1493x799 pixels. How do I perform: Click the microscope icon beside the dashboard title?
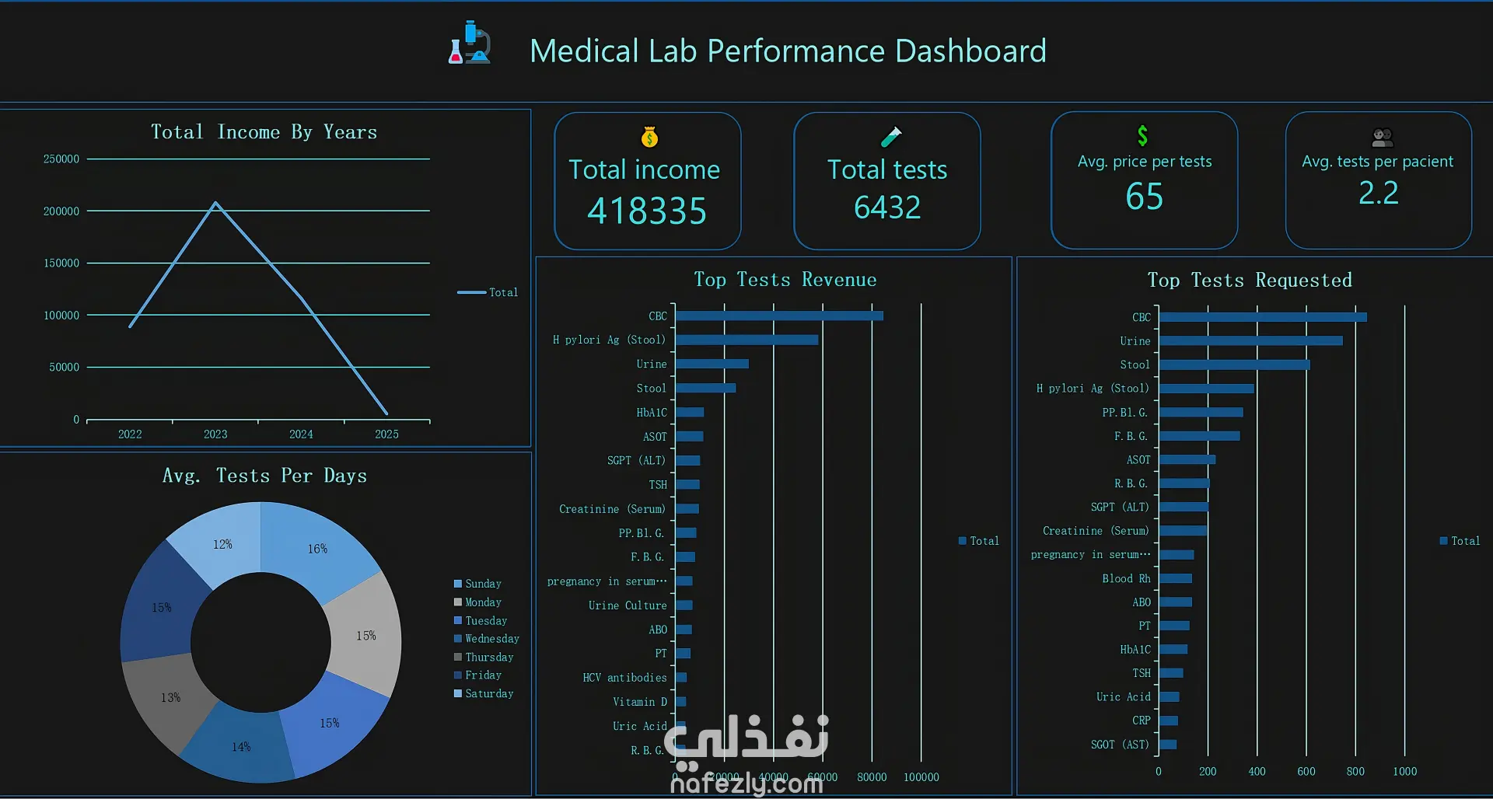click(x=470, y=44)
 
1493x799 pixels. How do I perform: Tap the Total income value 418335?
click(x=647, y=211)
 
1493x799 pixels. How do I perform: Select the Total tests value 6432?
click(x=887, y=207)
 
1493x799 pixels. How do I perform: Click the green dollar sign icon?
click(x=1142, y=135)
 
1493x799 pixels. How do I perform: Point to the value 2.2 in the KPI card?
click(x=1378, y=193)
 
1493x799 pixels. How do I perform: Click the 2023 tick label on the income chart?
click(x=215, y=434)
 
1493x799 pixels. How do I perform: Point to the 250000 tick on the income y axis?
click(x=61, y=159)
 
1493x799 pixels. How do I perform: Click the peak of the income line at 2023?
click(x=215, y=204)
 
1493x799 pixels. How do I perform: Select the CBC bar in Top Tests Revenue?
click(x=779, y=316)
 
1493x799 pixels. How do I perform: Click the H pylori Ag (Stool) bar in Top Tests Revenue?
click(x=746, y=340)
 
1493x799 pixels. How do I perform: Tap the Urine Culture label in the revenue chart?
click(x=628, y=605)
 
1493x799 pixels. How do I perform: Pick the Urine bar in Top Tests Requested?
click(x=1250, y=341)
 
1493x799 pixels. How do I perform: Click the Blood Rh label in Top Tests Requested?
click(x=1126, y=579)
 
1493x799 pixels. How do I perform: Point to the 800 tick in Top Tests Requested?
click(x=1355, y=772)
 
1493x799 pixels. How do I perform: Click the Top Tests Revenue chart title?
click(x=785, y=280)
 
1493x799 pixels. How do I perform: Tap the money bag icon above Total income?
click(x=649, y=138)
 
